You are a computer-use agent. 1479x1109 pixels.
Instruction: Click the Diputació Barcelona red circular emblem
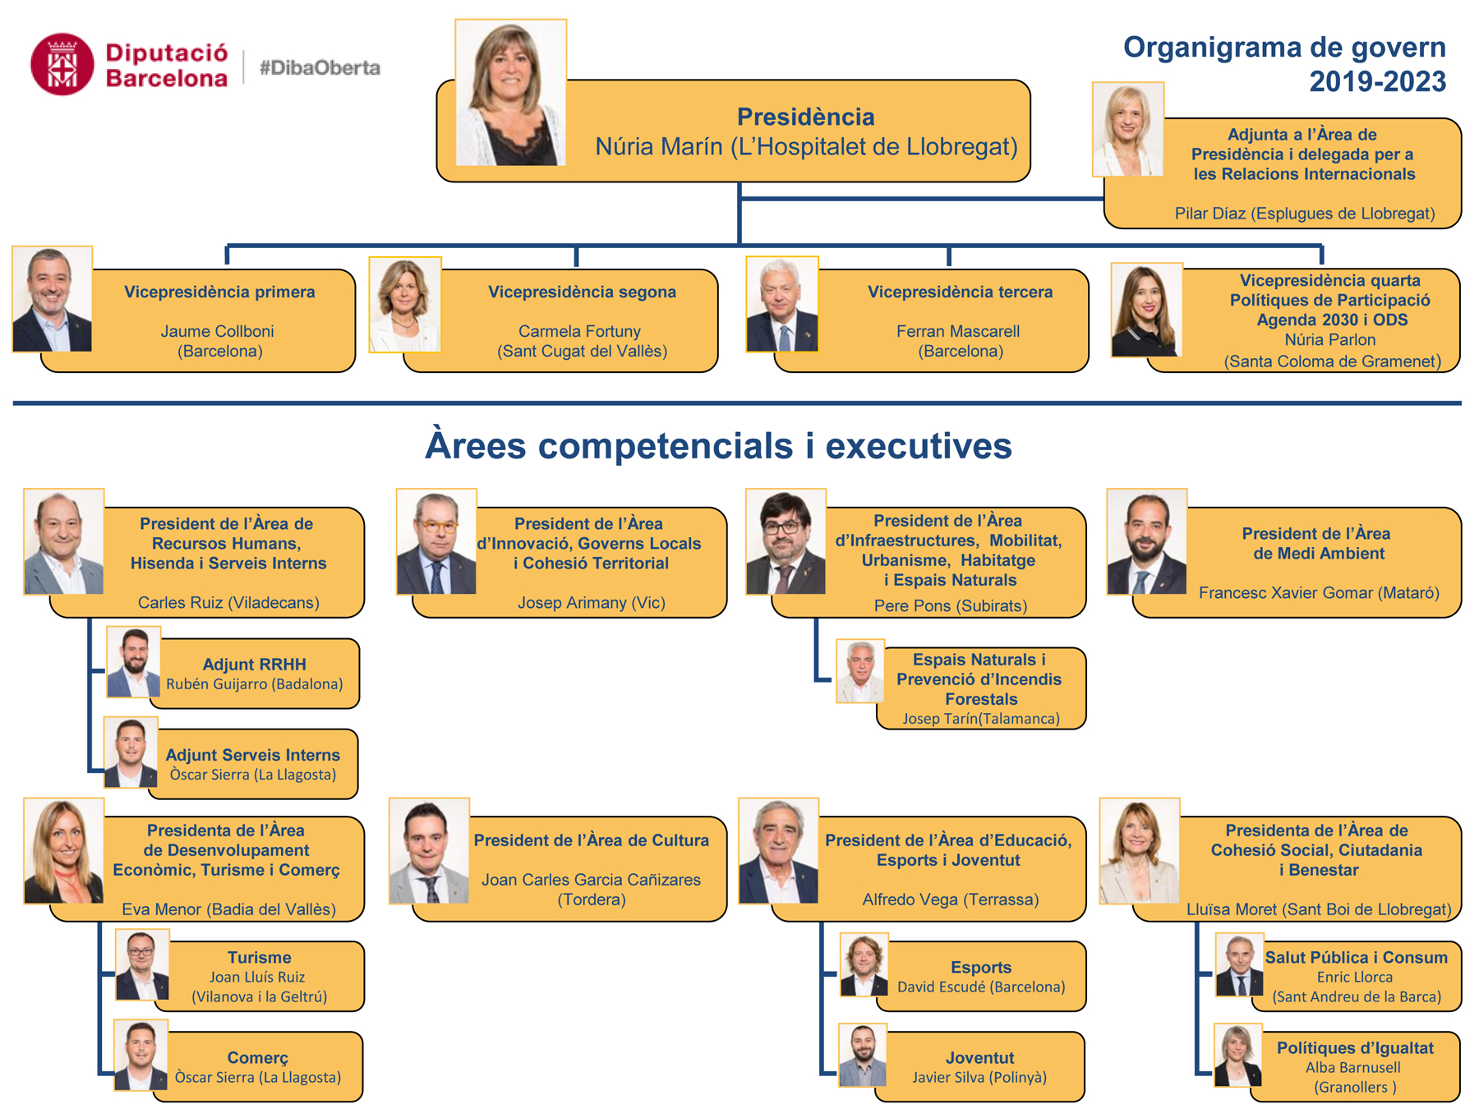(62, 64)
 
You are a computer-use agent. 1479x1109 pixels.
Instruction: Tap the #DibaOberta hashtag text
(320, 67)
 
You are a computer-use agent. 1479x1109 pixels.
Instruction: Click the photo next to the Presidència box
(511, 93)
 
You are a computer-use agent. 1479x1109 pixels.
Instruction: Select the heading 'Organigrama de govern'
(1284, 47)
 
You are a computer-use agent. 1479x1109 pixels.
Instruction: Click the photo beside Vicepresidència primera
(53, 299)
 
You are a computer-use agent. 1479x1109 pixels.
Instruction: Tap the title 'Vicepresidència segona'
(582, 292)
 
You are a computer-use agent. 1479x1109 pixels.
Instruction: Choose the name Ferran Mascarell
(958, 331)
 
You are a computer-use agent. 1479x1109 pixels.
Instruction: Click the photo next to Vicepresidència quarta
(1146, 310)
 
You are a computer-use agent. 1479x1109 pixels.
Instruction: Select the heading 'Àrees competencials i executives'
(718, 445)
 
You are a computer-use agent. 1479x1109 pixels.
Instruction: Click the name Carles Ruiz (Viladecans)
(228, 602)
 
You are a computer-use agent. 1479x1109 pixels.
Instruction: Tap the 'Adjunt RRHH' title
(254, 664)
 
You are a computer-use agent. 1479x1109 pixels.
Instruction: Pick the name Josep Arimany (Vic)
(592, 602)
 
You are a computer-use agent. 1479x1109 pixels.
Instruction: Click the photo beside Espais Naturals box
(860, 670)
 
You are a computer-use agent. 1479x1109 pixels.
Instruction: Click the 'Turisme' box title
(260, 957)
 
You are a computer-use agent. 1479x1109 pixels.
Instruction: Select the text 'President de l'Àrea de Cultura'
(592, 840)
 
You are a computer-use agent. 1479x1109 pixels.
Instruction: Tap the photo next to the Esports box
(864, 964)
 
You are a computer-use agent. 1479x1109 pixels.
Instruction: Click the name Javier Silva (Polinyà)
(979, 1077)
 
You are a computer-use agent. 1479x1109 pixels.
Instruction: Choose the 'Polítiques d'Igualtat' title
(1355, 1047)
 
